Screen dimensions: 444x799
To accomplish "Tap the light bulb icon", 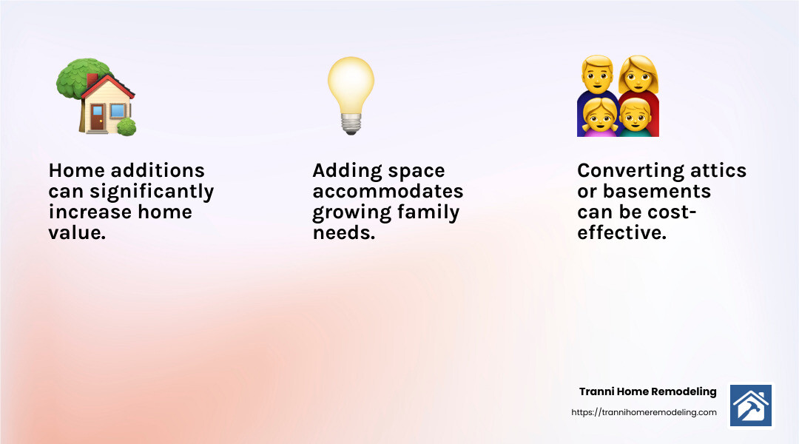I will point(351,95).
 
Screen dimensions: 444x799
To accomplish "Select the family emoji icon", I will point(618,96).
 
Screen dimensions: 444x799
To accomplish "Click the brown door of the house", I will point(97,117).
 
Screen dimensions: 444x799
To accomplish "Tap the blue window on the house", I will point(117,112).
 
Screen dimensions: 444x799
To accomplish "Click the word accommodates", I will point(388,192).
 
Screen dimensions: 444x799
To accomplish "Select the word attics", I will point(716,171).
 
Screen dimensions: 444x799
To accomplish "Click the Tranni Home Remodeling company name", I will point(647,391).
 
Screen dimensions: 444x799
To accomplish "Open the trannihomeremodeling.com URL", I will point(644,412).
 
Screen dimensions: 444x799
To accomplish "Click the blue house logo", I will point(750,405).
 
